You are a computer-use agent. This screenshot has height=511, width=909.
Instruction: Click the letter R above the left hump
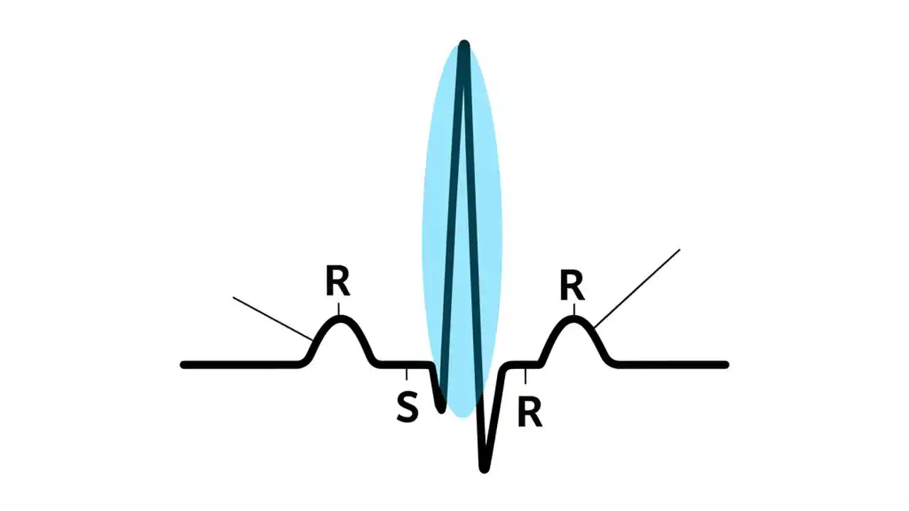pyautogui.click(x=338, y=282)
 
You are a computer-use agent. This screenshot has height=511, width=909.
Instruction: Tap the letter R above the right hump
pyautogui.click(x=572, y=286)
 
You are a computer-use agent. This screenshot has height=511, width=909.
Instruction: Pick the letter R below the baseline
pyautogui.click(x=530, y=412)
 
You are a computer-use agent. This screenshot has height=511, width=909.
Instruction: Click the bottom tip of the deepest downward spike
pyautogui.click(x=484, y=468)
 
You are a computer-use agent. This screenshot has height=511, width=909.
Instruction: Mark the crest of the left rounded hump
pyautogui.click(x=340, y=320)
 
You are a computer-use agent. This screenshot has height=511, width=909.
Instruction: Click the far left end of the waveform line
pyautogui.click(x=184, y=365)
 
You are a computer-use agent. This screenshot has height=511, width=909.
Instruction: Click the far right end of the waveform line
pyautogui.click(x=725, y=365)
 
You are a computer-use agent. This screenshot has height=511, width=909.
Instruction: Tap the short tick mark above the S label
pyautogui.click(x=406, y=374)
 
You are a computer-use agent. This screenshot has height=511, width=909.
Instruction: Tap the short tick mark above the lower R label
pyautogui.click(x=526, y=375)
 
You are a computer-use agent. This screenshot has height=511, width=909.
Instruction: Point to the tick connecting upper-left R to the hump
pyautogui.click(x=339, y=309)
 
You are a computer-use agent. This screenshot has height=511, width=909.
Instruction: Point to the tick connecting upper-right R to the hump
pyautogui.click(x=573, y=309)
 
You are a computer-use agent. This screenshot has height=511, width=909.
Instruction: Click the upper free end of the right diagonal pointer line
pyautogui.click(x=680, y=250)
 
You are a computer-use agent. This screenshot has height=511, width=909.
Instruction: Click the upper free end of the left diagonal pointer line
pyautogui.click(x=234, y=298)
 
